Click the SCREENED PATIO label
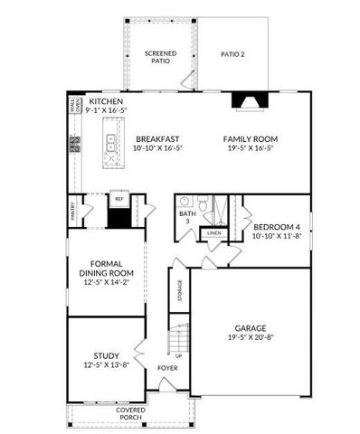pyautogui.click(x=160, y=58)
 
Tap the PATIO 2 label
pyautogui.click(x=232, y=54)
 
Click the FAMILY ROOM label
pyautogui.click(x=250, y=138)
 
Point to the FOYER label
pyautogui.click(x=167, y=368)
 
